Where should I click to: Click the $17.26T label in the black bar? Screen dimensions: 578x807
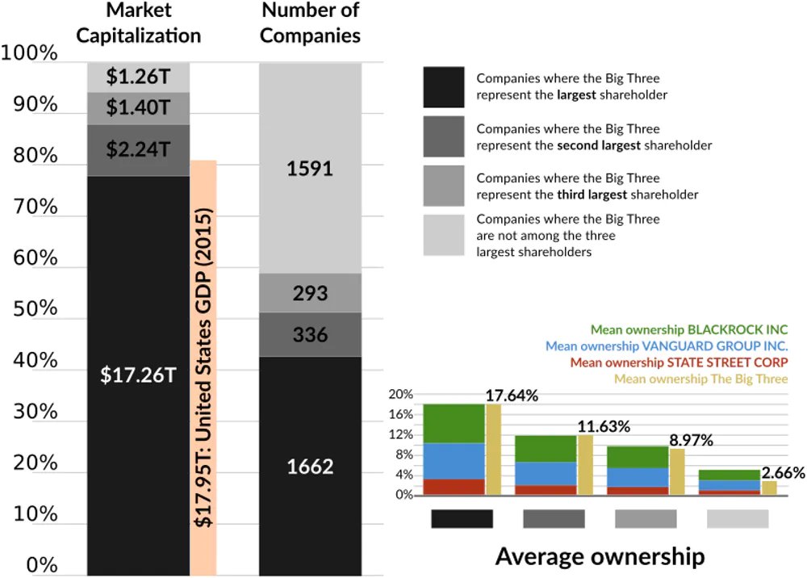[138, 375]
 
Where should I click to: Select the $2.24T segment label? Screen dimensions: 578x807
[138, 149]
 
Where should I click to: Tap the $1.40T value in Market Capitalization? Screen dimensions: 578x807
[138, 106]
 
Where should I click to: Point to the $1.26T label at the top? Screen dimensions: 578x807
[138, 77]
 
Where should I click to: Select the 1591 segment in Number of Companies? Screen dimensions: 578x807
[310, 170]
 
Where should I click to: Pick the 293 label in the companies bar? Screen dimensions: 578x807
[310, 292]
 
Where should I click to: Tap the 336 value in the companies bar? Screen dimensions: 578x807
[310, 333]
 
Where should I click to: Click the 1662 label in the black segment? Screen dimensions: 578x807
[310, 467]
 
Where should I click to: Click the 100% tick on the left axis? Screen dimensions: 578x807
[30, 54]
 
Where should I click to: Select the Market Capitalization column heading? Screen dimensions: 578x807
[138, 24]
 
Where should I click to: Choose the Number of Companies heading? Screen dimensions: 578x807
[310, 24]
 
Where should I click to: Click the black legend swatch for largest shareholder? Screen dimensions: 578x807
[443, 86]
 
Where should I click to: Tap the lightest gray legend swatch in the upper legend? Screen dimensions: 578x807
[443, 235]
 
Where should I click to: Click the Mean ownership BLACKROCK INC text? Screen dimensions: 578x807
[689, 329]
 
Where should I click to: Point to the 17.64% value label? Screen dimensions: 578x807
[512, 396]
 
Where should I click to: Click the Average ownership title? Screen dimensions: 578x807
[600, 557]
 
